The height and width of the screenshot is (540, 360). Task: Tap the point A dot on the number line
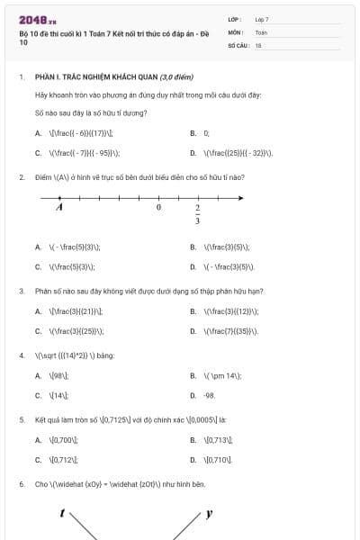[59, 197]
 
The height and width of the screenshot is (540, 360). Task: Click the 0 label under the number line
[158, 207]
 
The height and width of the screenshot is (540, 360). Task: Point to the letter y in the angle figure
[209, 514]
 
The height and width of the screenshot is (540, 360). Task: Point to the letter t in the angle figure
[62, 514]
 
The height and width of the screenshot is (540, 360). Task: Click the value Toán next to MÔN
[261, 31]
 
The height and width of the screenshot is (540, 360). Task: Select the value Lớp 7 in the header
[262, 19]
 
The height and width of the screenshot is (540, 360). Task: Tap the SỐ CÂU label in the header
[237, 44]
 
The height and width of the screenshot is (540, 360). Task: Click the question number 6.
[21, 484]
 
